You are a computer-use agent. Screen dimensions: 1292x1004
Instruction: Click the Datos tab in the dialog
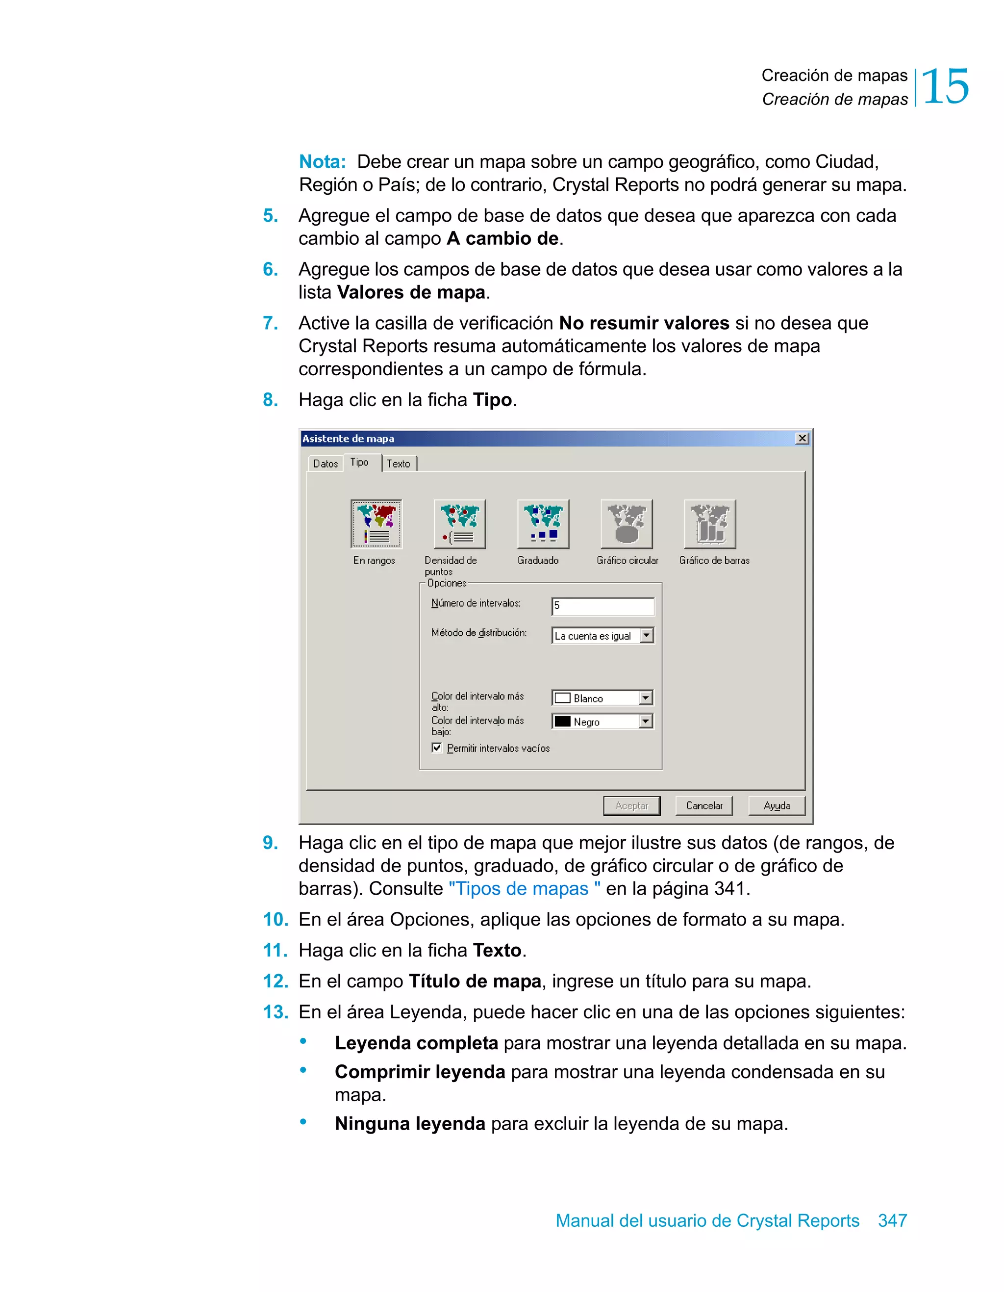click(325, 464)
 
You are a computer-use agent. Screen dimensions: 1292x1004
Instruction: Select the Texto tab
click(399, 464)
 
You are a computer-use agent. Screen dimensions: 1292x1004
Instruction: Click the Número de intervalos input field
click(602, 606)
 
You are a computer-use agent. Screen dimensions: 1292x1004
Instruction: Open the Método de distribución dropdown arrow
click(647, 635)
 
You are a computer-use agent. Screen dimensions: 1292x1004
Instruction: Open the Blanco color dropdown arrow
click(646, 698)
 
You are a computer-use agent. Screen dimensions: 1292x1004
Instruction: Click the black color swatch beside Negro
click(562, 722)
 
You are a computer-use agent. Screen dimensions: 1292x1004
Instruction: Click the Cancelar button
click(703, 806)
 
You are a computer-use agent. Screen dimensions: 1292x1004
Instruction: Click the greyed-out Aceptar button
click(631, 806)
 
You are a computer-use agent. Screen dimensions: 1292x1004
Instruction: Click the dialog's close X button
click(802, 439)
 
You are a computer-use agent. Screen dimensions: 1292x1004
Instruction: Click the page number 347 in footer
click(892, 1220)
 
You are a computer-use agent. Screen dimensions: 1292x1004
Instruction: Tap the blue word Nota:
click(322, 161)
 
